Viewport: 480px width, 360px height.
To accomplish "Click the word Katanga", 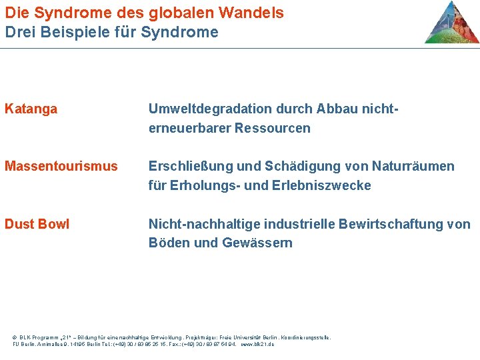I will [31, 109].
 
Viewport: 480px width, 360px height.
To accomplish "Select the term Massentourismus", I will [61, 166].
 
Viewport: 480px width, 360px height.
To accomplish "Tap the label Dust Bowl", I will [37, 224].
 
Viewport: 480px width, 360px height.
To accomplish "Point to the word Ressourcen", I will [272, 128].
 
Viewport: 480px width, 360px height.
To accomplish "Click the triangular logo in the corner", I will [451, 23].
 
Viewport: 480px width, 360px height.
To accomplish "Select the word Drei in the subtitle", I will [18, 31].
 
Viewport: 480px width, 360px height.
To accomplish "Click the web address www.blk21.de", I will [257, 344].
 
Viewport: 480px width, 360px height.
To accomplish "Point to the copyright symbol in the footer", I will [15, 337].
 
